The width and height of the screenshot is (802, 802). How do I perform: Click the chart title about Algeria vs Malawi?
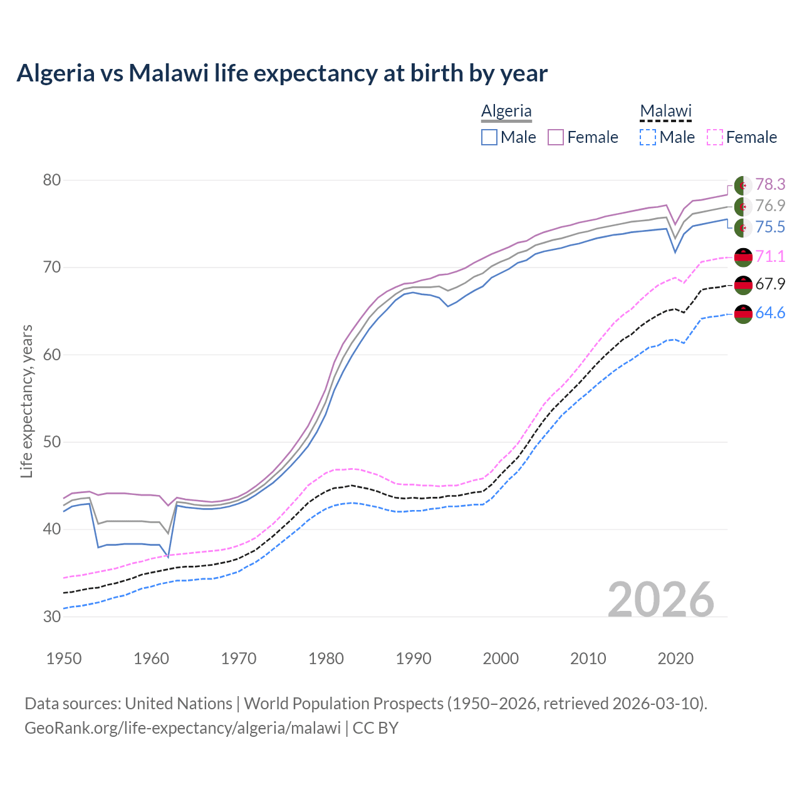point(282,73)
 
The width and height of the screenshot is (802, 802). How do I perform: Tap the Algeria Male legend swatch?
point(489,137)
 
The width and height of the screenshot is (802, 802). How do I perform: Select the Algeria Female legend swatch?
point(556,137)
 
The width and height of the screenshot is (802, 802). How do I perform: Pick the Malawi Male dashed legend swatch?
point(648,137)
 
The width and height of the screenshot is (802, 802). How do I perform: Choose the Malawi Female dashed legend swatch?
point(715,137)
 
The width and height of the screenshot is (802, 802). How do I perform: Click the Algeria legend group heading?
point(506,111)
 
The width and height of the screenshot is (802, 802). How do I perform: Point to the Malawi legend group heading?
point(665,111)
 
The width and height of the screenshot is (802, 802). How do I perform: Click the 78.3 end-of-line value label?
point(770,184)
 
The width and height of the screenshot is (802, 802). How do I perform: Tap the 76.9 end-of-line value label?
point(770,206)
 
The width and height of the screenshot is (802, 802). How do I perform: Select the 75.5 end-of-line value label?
point(770,227)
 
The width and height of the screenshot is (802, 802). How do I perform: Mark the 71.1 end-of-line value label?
point(770,256)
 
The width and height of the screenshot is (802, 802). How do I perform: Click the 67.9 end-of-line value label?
point(770,284)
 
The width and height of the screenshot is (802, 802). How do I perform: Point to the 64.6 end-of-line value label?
point(770,313)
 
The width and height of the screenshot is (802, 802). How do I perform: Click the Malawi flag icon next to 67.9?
point(743,285)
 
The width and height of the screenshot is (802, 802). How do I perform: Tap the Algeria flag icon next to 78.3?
point(743,185)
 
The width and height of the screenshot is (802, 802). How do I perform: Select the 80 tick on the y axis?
point(52,180)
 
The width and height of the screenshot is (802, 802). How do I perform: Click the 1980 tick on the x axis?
point(326,659)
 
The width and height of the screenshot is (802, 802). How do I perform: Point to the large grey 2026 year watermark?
point(661,600)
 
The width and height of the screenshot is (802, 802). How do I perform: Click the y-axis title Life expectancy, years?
point(27,401)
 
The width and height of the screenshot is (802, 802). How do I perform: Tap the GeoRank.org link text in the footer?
point(182,728)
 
